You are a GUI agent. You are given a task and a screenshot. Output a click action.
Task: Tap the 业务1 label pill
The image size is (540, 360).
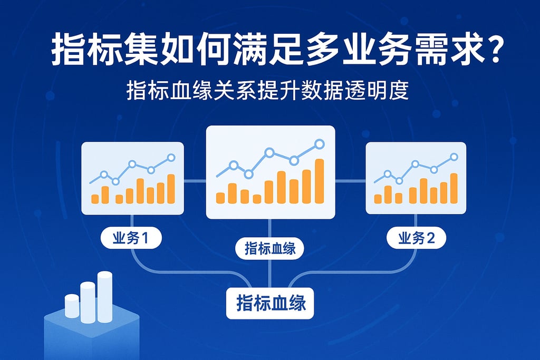point(131,238)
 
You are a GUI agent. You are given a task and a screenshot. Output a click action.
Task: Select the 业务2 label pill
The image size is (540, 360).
point(417,238)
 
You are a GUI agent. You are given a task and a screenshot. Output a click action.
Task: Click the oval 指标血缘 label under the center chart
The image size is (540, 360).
point(269,248)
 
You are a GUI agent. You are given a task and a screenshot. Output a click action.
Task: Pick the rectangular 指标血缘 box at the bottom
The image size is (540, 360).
point(270,303)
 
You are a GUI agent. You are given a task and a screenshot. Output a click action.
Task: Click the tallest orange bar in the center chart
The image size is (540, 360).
point(320,181)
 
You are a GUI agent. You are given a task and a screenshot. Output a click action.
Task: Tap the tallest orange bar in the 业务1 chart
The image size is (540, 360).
point(171,189)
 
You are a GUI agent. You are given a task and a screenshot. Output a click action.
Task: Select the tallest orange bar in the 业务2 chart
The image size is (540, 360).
point(454,188)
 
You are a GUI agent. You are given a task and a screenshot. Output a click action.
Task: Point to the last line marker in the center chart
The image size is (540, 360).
point(320,144)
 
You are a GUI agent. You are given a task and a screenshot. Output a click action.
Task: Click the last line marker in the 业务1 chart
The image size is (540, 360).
point(171,158)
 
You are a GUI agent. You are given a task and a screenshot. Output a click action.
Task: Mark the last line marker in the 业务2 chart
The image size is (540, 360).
point(454,157)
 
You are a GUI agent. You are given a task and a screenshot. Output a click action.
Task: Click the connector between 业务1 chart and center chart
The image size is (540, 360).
point(195,180)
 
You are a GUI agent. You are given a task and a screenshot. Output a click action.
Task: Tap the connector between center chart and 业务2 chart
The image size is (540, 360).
point(350,181)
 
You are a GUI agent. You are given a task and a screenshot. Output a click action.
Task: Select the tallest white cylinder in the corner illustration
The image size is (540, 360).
point(105,297)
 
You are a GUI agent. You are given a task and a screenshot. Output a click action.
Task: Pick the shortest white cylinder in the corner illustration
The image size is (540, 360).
point(72,306)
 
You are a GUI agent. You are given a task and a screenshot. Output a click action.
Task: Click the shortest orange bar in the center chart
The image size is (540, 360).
point(257,199)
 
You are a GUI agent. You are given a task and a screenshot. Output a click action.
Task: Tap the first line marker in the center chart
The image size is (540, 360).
point(234,166)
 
